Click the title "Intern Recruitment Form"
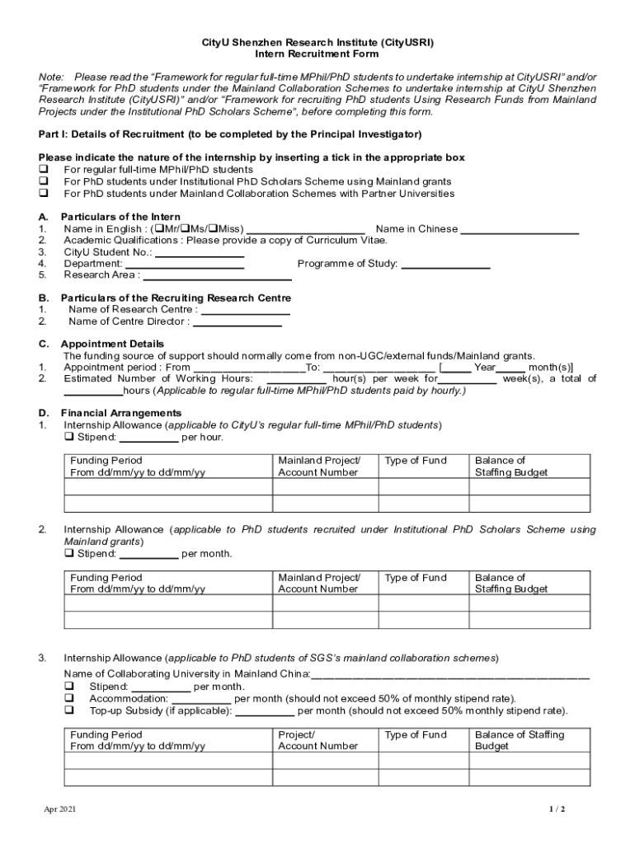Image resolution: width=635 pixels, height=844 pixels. pos(317,54)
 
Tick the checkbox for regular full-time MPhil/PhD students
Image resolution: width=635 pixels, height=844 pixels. pos(43,170)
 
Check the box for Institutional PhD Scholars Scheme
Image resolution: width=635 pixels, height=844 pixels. pos(43,181)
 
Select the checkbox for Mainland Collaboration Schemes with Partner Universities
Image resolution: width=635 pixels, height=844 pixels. pos(43,194)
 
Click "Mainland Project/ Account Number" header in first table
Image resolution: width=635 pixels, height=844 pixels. pos(319,467)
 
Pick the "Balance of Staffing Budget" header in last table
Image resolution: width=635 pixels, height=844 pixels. pos(520,740)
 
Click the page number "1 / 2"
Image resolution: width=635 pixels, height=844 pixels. pos(558,809)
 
